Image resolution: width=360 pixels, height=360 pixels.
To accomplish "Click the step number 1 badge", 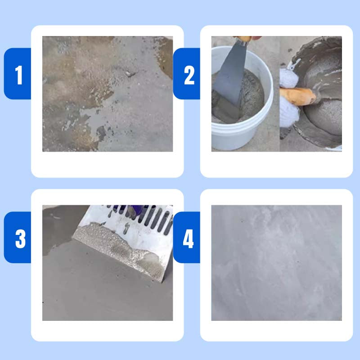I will point(18,74).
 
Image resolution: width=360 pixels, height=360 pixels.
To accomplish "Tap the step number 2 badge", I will point(188,74).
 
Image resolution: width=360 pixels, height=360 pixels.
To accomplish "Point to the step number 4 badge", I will point(188,238).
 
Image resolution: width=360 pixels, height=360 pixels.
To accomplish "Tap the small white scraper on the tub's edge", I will point(293,65).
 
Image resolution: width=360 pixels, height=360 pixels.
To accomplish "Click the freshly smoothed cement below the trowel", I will point(103,288).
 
